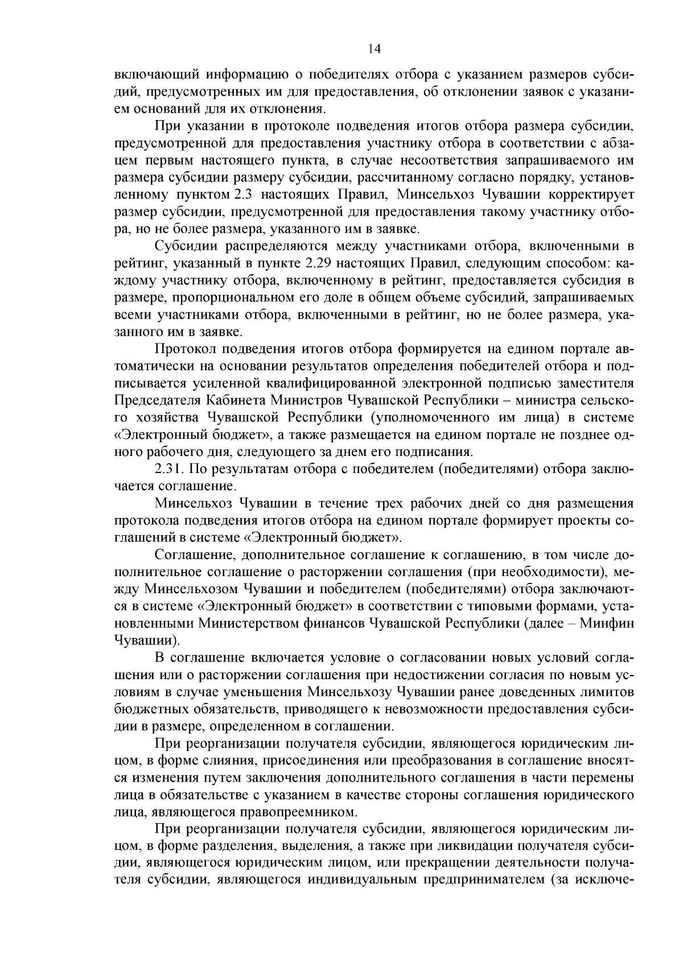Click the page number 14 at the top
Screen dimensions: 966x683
(x=373, y=49)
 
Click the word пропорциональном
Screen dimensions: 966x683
(x=235, y=298)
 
